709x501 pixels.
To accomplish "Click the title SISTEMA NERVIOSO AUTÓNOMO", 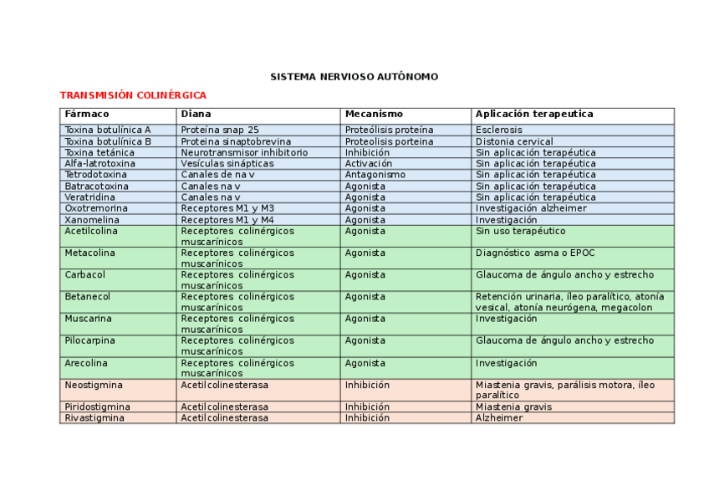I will [x=354, y=77].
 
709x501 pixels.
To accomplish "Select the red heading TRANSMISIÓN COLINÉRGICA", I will [x=133, y=95].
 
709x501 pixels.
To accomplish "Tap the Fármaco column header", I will [x=87, y=114].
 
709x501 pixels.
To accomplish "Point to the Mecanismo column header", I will [x=374, y=114].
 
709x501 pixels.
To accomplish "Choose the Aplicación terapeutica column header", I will [x=534, y=114].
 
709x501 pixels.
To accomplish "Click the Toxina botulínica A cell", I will [x=108, y=130].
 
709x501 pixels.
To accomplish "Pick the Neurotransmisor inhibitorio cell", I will [x=244, y=153].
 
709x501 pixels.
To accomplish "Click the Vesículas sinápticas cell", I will [x=227, y=164].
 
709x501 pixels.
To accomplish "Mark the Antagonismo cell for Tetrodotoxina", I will [x=375, y=175].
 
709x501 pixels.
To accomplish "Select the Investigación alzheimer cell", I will [x=531, y=208].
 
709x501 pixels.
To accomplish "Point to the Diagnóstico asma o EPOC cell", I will [x=535, y=253].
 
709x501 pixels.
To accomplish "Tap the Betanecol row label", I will [x=88, y=297].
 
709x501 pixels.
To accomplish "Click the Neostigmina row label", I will [x=94, y=386].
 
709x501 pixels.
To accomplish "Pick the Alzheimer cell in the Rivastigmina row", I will [x=499, y=418].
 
